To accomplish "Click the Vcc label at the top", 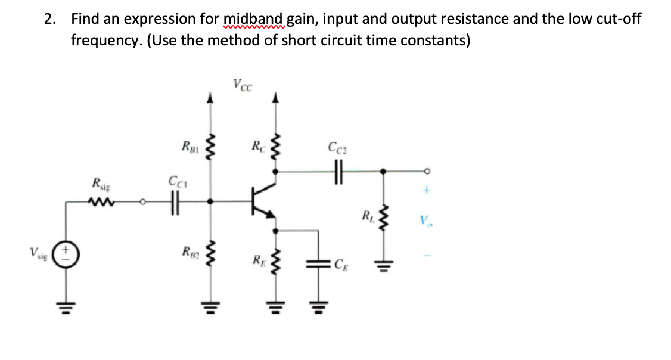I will click(x=242, y=85).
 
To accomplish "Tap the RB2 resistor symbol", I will click(x=209, y=258).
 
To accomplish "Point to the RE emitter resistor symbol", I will click(x=275, y=260).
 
